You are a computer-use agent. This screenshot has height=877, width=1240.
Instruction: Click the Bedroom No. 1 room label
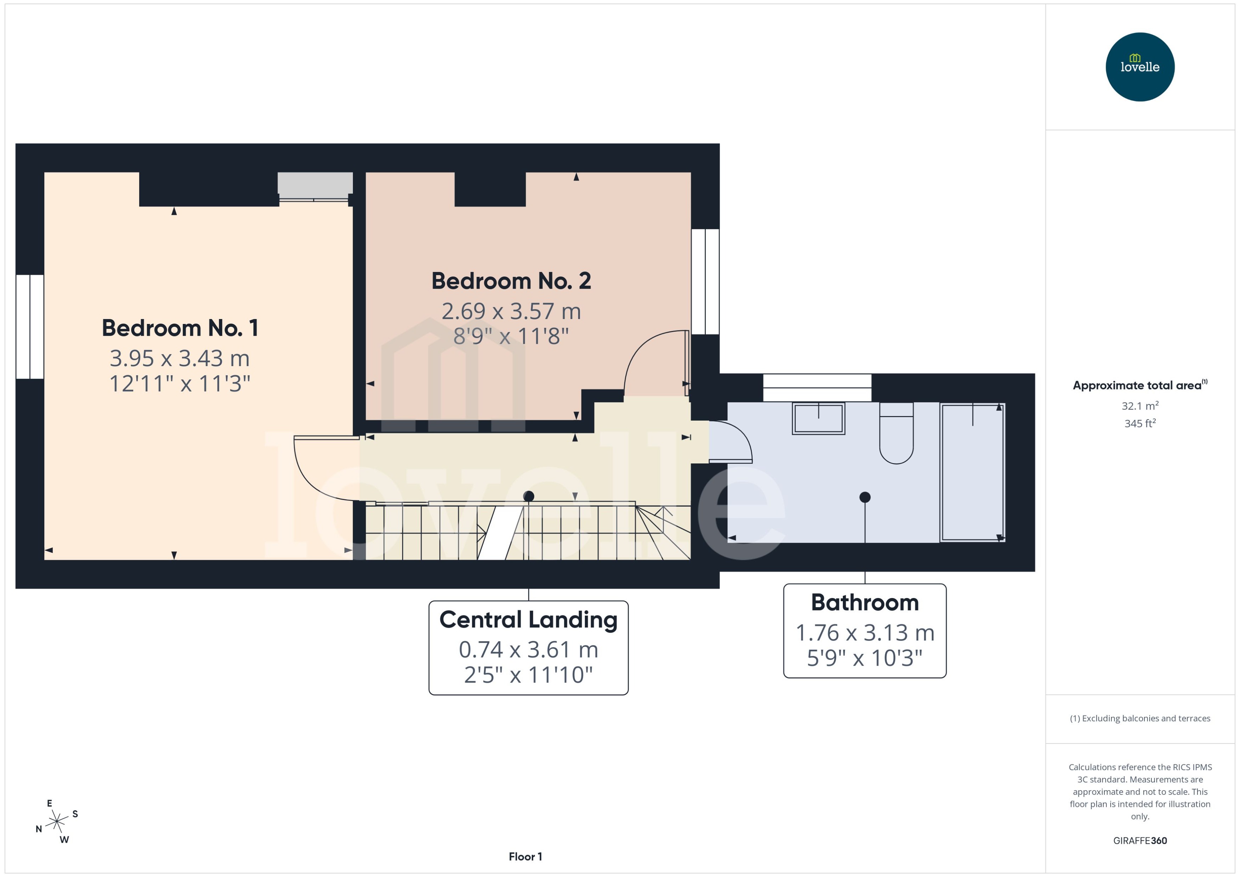pos(180,328)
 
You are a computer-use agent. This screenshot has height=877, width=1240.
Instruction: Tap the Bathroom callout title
pos(864,603)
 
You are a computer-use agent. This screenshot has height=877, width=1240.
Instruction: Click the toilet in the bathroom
pos(896,435)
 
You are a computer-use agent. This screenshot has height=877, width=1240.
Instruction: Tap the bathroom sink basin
pos(818,418)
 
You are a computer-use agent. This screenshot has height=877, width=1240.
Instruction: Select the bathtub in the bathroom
pos(972,473)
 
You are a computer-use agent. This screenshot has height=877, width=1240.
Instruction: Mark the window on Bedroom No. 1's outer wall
pos(30,327)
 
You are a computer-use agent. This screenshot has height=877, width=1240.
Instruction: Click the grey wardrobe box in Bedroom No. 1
pos(315,183)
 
